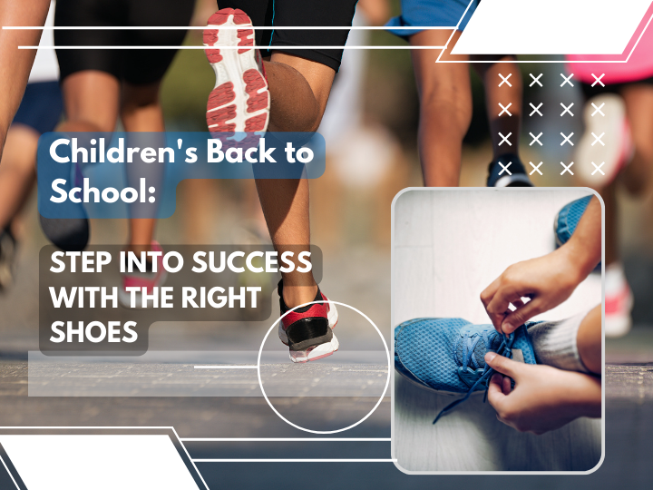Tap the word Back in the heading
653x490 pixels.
241,151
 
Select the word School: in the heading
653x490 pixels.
102,190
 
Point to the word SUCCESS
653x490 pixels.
251,262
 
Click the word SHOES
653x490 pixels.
93,332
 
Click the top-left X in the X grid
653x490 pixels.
505,80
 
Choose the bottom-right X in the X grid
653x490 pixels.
598,169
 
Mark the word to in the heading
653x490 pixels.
299,152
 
